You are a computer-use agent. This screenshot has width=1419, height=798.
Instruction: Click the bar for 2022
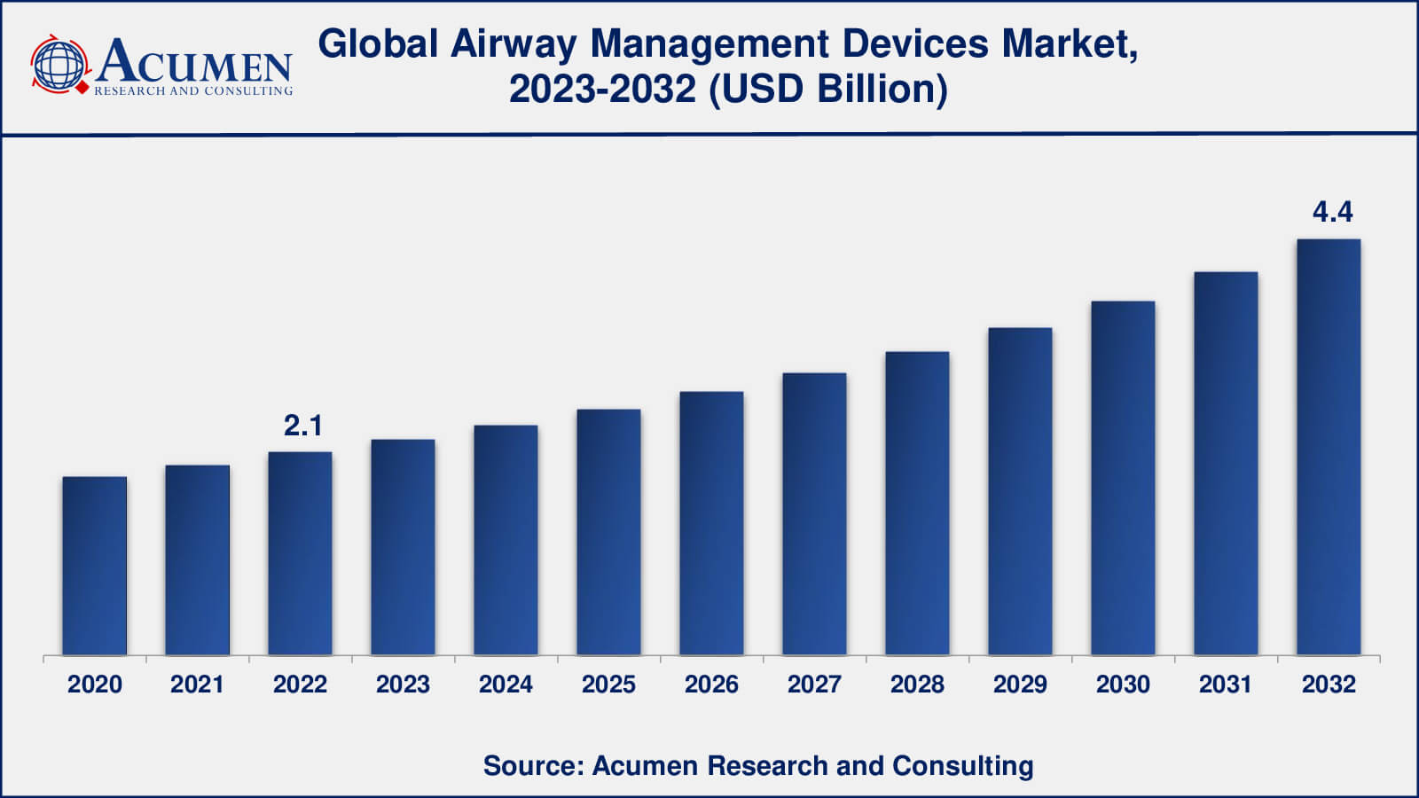click(x=300, y=553)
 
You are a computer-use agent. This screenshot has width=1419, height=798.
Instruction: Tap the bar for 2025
click(x=608, y=532)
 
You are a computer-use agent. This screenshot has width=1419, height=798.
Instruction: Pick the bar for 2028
click(x=917, y=503)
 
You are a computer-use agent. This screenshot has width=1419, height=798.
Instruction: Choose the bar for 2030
click(x=1123, y=478)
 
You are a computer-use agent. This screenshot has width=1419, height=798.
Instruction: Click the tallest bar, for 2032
click(x=1329, y=447)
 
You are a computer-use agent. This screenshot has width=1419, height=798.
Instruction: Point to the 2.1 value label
click(x=302, y=426)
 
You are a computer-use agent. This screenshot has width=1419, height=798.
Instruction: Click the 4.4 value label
click(x=1332, y=212)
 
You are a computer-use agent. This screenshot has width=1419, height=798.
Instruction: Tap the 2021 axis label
click(x=197, y=685)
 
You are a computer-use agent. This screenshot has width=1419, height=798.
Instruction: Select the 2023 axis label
click(x=403, y=685)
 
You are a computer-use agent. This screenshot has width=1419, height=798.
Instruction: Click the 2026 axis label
click(x=711, y=685)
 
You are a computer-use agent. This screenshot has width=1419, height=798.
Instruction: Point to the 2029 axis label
click(x=1020, y=685)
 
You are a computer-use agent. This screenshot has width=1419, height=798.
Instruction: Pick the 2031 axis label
click(x=1226, y=685)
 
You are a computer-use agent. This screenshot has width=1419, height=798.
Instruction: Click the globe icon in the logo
click(x=59, y=65)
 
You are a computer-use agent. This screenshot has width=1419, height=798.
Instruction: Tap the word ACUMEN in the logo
click(x=194, y=62)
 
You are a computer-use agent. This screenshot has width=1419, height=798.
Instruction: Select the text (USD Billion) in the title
click(x=828, y=89)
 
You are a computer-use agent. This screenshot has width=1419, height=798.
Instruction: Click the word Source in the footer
click(x=530, y=765)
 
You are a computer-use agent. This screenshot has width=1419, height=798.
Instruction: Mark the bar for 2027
click(x=814, y=514)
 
